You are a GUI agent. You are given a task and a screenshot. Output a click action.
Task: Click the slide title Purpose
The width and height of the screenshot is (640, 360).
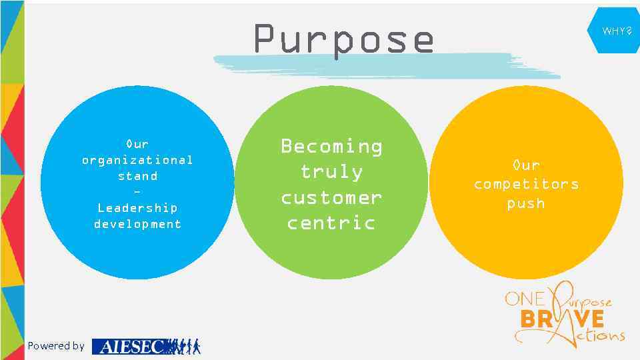click(343, 39)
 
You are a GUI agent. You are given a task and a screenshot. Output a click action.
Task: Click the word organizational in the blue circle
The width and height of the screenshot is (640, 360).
click(137, 160)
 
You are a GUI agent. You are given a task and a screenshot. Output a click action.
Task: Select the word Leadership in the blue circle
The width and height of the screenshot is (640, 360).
click(137, 208)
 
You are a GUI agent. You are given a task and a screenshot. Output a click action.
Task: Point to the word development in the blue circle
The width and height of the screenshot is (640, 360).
click(137, 224)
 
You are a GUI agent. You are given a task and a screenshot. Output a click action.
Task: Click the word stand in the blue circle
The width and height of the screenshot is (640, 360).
click(137, 176)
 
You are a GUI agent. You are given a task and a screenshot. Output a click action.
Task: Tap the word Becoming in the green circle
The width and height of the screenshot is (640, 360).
click(331, 146)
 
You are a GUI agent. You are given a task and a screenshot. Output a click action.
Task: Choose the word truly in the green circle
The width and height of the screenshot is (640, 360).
click(331, 171)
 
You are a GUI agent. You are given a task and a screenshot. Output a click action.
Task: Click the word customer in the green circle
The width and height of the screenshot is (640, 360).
click(331, 197)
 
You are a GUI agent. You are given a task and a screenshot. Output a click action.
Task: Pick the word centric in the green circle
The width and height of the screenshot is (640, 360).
click(331, 223)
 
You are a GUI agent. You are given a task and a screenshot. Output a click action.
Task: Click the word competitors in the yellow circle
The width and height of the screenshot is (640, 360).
click(526, 184)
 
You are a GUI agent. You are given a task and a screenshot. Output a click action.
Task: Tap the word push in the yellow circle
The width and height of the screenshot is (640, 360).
click(526, 203)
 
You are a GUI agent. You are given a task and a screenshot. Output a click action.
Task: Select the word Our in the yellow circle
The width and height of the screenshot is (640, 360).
click(526, 165)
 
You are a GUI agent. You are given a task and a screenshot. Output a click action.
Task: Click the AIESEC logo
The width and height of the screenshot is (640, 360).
click(145, 346)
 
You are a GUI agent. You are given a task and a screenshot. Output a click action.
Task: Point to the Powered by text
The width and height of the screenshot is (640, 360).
click(56, 345)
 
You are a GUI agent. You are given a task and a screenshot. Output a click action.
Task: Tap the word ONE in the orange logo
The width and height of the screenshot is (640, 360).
click(525, 299)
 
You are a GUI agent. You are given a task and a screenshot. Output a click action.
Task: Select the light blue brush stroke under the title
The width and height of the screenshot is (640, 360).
click(387, 65)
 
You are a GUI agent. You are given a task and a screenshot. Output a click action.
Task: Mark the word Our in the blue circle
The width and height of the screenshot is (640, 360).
click(137, 144)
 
